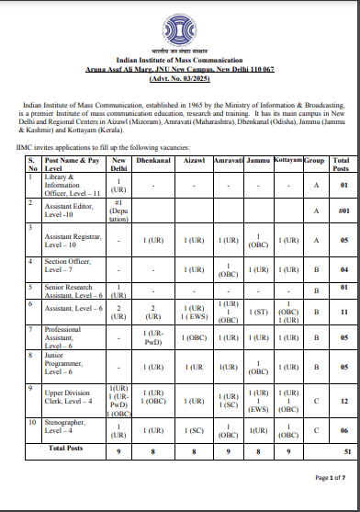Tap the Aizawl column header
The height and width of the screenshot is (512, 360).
tap(193, 161)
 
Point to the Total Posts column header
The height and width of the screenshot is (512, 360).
tap(343, 165)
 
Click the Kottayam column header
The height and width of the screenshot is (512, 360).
tap(288, 161)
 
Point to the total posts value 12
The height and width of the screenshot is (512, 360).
tap(343, 402)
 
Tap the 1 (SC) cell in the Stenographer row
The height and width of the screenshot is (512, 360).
tap(193, 430)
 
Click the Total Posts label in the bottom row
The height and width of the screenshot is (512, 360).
tap(70, 448)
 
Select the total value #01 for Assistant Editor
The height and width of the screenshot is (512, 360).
tap(343, 211)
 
